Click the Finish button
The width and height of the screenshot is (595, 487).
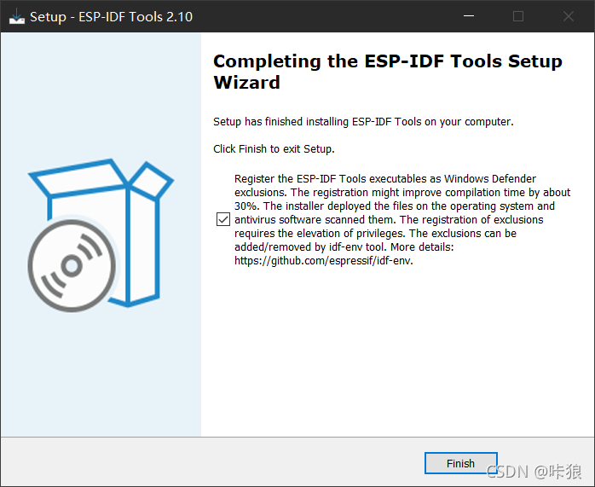460,463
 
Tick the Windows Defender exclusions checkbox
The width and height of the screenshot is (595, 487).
223,220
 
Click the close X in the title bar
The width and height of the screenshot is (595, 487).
568,16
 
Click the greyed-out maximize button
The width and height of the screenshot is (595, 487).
518,16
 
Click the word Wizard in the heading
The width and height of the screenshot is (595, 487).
246,83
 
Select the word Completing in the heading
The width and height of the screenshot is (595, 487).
265,61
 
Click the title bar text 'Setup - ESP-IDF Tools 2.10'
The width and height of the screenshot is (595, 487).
111,16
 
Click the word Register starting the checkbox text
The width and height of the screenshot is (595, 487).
256,179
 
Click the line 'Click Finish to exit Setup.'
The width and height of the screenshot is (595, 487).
274,148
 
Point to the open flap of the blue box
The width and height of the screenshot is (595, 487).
152,180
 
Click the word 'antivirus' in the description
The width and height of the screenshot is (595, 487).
259,220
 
